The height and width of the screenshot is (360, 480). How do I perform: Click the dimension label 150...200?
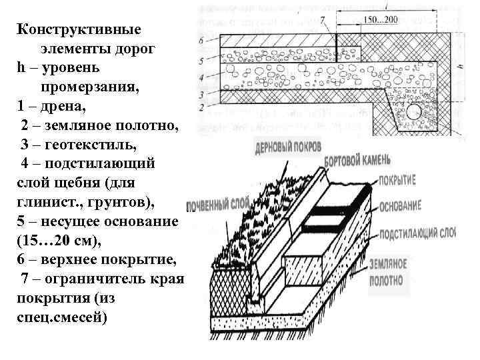pos(382,19)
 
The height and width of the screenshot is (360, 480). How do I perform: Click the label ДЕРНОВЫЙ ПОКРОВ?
pos(289,146)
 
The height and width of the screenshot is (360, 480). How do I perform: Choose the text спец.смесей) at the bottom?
pos(61,315)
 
